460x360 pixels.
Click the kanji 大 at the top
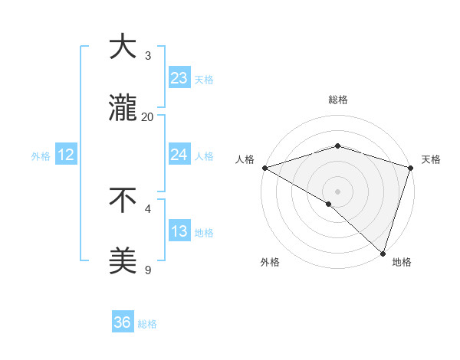pos(123,47)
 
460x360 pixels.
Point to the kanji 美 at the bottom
pos(123,261)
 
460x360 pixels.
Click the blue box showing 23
pos(179,78)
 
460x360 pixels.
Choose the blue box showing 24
pos(179,155)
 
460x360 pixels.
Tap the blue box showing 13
pos(179,231)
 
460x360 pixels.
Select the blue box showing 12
pos(66,155)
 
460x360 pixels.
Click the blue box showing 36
pos(123,322)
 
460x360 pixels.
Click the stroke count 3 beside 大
pos(148,55)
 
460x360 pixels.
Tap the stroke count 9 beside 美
pos(148,270)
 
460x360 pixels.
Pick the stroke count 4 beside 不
pos(148,208)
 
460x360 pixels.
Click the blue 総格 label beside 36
pos(147,324)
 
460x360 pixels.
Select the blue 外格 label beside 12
pos(41,155)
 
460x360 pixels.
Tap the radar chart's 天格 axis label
pos(431,159)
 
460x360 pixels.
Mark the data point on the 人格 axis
pos(264,168)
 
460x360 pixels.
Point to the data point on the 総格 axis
pos(337,146)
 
